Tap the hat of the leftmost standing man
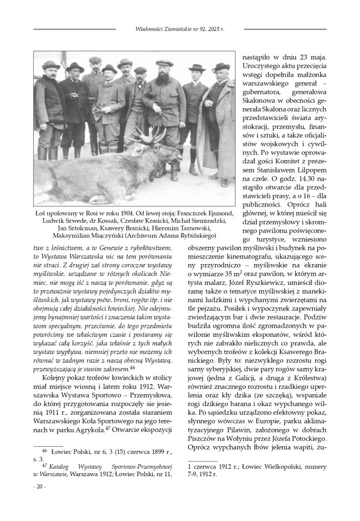[51, 66]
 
